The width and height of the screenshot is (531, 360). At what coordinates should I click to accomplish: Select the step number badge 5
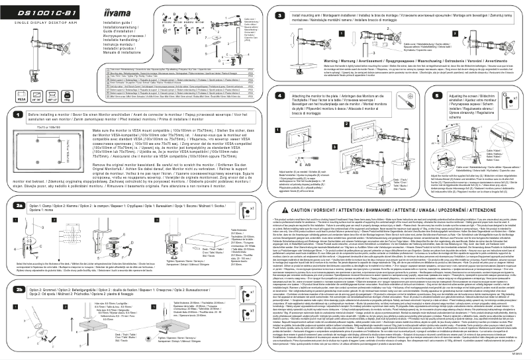406,95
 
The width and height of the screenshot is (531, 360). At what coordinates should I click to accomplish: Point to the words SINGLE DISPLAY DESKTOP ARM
40,24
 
